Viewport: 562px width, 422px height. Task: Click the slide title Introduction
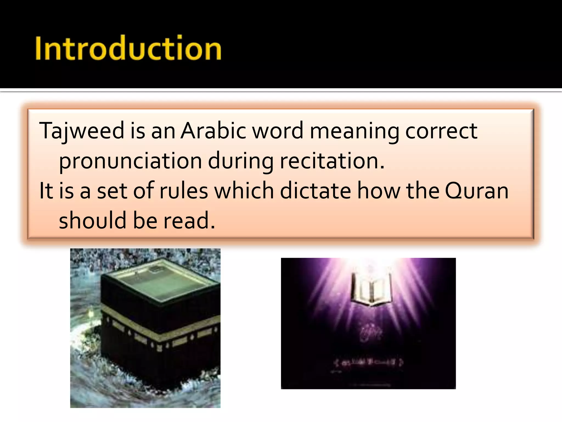pyautogui.click(x=128, y=48)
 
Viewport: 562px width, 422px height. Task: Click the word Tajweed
pyautogui.click(x=82, y=131)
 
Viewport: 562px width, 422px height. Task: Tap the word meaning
pyautogui.click(x=354, y=131)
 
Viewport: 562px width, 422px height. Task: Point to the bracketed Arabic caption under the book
pyautogui.click(x=368, y=362)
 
